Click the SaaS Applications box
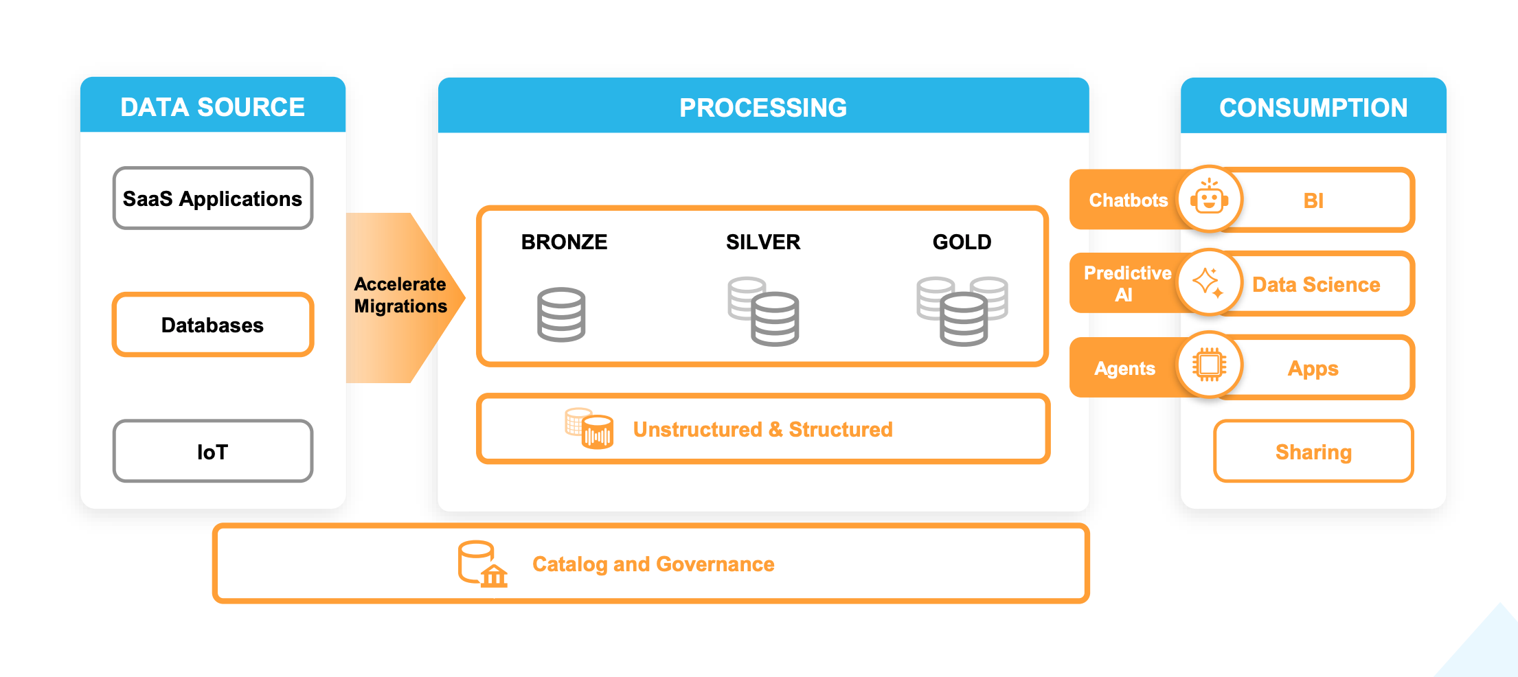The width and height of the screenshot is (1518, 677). (212, 198)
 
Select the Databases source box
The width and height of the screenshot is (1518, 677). (212, 325)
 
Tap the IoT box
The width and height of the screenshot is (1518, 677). (212, 451)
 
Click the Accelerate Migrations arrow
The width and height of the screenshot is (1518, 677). (400, 296)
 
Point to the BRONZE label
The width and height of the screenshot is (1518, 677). (564, 242)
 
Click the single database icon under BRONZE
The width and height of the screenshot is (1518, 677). (561, 314)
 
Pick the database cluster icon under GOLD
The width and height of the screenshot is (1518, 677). (962, 311)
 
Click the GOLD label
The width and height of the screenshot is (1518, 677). (962, 242)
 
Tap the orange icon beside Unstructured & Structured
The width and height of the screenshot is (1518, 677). (589, 429)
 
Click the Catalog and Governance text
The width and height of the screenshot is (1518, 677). (653, 564)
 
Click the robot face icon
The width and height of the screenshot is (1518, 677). (1209, 198)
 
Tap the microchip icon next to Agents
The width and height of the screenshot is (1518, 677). (1209, 365)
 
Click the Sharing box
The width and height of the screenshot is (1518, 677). (1313, 452)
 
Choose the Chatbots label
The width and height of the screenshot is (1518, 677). (1128, 200)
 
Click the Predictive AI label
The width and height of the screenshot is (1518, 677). (1127, 284)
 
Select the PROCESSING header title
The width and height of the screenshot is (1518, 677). (763, 108)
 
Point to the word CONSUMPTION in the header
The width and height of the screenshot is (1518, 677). (1313, 108)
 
